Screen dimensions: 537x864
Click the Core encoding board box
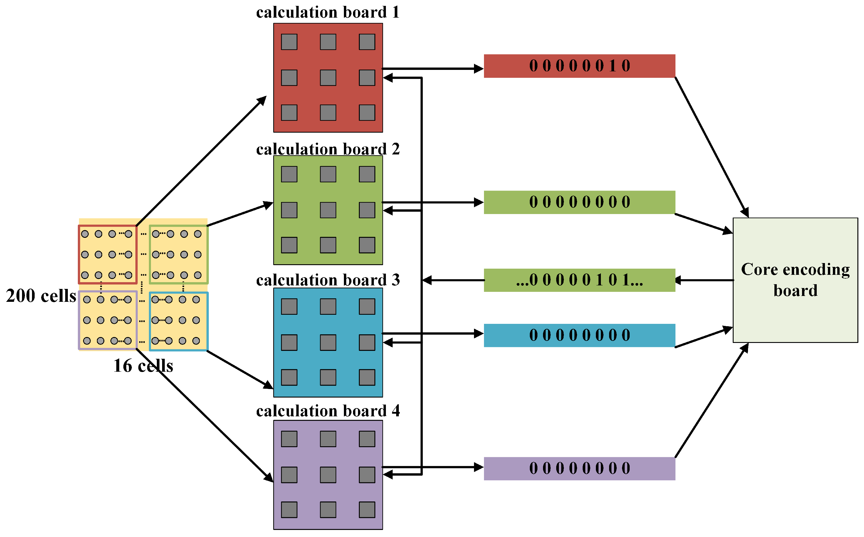[x=795, y=280]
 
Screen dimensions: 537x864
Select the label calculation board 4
[x=327, y=411]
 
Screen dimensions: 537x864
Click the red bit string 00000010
[x=579, y=66]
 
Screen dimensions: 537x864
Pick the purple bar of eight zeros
[x=579, y=469]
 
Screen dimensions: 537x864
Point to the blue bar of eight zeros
[x=579, y=335]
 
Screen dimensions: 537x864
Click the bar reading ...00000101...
[x=579, y=280]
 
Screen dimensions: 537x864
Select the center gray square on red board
[x=328, y=78]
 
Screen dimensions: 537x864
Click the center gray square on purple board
[x=328, y=475]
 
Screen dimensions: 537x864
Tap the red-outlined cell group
[x=107, y=254]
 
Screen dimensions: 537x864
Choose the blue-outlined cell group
[x=178, y=321]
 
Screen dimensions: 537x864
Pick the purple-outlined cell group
[x=107, y=320]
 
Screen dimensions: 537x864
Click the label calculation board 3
[x=327, y=280]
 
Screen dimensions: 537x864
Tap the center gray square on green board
[x=328, y=210]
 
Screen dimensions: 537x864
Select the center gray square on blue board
[x=328, y=342]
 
